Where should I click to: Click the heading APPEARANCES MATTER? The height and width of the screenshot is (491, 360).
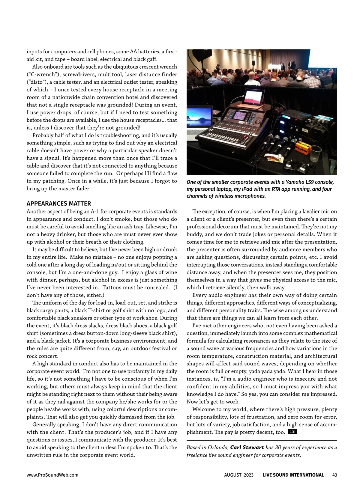pyautogui.click(x=59, y=204)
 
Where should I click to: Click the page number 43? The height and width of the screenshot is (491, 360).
pyautogui.click(x=335, y=475)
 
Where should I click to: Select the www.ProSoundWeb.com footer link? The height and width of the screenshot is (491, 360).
pyautogui.click(x=52, y=475)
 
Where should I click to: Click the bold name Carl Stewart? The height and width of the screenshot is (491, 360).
pyautogui.click(x=247, y=447)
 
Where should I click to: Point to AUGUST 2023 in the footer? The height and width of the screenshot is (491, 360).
pyautogui.click(x=239, y=475)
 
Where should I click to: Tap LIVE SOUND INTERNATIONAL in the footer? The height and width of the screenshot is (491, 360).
pyautogui.click(x=293, y=475)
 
